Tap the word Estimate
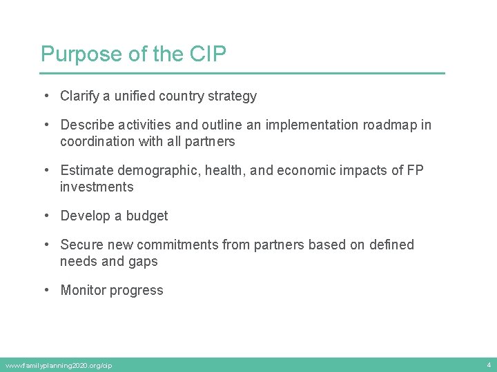87,171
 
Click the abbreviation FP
416,171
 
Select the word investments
97,187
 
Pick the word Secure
81,245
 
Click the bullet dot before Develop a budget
45,216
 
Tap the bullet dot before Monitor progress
45,291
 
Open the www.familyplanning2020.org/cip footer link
59,365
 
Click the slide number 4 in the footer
488,364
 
